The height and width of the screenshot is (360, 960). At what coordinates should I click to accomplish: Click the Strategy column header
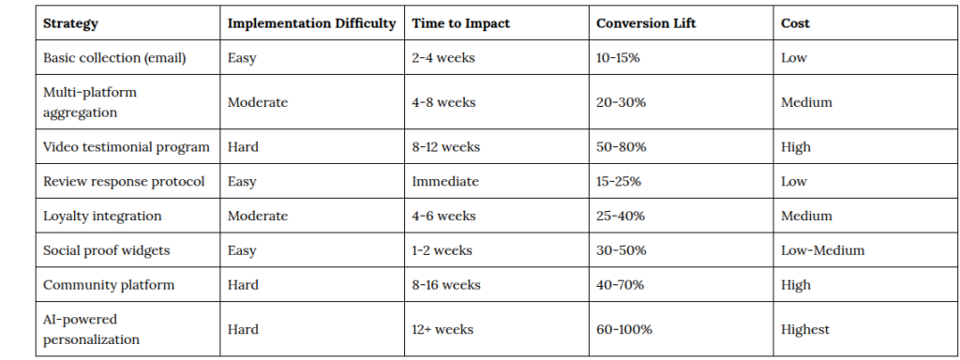point(70,23)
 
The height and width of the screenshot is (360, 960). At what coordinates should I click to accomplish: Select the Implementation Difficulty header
point(311,23)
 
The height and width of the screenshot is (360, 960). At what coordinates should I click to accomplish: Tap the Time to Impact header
point(461,23)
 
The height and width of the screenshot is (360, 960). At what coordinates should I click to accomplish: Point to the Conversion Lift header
point(646,23)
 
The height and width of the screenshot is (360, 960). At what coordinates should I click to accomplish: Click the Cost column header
point(795,23)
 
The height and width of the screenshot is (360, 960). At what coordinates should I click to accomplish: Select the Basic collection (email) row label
point(114,58)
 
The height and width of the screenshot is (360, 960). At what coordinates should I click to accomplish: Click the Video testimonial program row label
point(127,147)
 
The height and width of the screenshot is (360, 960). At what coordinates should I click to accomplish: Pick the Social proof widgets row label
point(107,250)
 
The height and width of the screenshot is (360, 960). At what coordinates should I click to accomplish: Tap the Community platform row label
point(109,285)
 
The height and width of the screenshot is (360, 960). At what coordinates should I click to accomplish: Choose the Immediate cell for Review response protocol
point(445,182)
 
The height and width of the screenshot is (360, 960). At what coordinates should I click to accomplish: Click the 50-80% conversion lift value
point(621,147)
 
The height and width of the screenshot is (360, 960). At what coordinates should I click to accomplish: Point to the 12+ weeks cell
point(442,329)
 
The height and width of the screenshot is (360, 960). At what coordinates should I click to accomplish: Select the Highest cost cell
point(805,329)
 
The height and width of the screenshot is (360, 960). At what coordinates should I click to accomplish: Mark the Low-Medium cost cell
point(823,250)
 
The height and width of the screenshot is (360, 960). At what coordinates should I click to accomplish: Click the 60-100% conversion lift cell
point(623,329)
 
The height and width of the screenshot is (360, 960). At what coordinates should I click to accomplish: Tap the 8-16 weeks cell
point(446,285)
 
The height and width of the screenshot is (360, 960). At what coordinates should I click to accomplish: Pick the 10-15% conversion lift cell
point(618,58)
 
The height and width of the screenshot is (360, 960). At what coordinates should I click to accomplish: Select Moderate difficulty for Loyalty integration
point(258,217)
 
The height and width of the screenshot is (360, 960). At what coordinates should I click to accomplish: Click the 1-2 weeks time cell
point(442,250)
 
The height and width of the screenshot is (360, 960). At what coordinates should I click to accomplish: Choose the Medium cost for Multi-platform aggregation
point(806,102)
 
